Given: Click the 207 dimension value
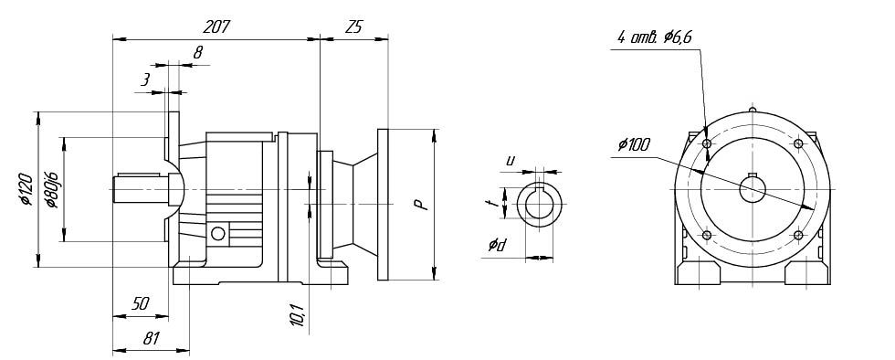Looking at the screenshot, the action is click(x=216, y=26).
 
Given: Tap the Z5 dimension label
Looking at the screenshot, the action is click(x=353, y=26).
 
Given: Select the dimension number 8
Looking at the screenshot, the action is click(x=197, y=54).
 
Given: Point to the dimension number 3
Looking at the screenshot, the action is click(x=146, y=80).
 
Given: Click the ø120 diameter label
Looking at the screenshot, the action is click(x=25, y=188).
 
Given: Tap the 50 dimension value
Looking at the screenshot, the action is click(x=140, y=304).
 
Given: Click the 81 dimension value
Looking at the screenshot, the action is click(x=150, y=338).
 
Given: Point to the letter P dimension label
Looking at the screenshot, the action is click(x=421, y=205).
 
